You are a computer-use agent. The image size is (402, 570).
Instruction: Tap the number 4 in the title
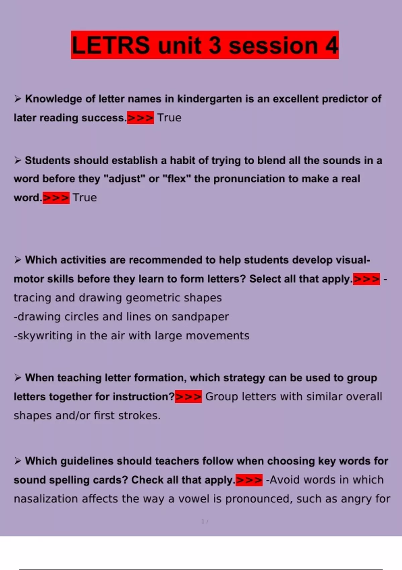coord(331,45)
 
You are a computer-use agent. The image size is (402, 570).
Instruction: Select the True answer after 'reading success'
coord(169,118)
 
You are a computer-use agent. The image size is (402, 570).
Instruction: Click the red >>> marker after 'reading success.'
coord(140,118)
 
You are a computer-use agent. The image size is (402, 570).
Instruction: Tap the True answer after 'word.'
coord(85,197)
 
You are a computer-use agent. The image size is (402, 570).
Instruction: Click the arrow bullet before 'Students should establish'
coord(18,160)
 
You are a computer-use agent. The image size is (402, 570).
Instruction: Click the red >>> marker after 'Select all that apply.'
coord(366,279)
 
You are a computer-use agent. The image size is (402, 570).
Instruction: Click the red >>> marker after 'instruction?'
coord(188,397)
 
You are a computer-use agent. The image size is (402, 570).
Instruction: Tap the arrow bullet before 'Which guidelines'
coord(18,461)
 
